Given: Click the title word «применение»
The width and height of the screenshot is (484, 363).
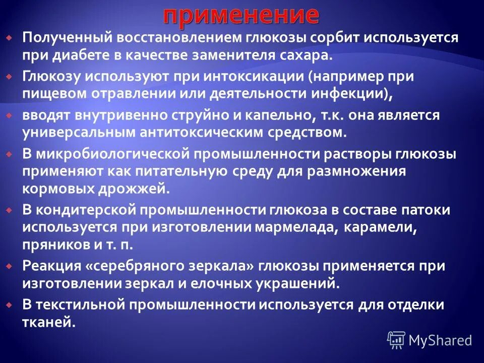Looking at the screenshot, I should click(241, 15).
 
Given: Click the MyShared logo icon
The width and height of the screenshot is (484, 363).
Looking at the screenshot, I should click(396, 340).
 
